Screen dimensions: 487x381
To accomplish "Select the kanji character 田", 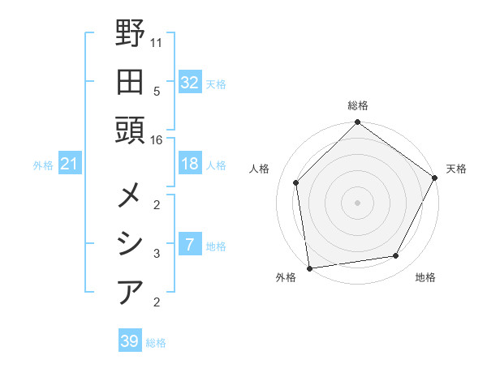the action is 130,81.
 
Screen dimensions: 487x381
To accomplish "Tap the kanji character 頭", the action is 130,130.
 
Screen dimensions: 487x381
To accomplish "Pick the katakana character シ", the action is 130,244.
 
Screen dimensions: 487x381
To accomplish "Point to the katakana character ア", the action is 130,292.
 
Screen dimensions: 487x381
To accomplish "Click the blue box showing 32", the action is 189,83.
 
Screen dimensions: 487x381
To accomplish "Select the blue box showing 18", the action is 189,164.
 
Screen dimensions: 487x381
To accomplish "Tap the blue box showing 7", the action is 189,245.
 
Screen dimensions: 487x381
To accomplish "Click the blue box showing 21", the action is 69,165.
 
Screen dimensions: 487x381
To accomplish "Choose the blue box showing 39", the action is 129,341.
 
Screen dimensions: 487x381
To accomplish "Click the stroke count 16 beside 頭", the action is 157,140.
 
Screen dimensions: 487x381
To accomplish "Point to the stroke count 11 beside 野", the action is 157,41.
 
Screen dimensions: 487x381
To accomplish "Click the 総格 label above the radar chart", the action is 357,105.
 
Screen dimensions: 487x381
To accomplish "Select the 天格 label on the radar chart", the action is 456,169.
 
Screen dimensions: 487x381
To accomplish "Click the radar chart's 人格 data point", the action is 296,182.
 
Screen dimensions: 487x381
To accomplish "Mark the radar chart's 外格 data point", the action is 310,268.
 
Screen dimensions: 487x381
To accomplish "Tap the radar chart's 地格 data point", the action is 396,256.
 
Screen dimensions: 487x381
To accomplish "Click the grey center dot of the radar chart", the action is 357,202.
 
